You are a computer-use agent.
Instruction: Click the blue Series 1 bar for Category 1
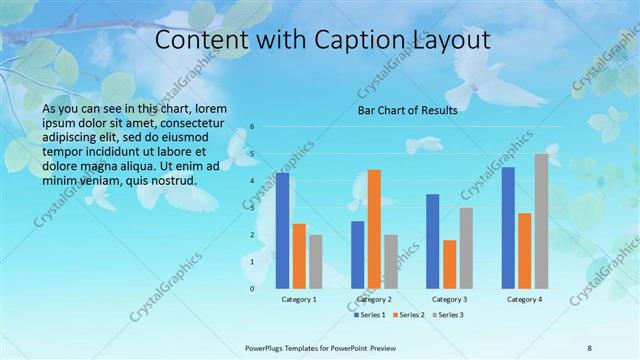click(283, 231)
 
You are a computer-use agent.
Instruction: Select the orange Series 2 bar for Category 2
click(374, 229)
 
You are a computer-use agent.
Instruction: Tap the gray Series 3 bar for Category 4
click(541, 221)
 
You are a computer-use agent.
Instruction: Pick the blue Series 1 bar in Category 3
click(433, 241)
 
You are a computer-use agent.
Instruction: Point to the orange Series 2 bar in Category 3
click(449, 264)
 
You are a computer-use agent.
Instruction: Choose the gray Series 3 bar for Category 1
click(315, 261)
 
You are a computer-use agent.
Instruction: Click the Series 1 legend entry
click(371, 315)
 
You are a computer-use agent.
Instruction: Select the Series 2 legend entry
click(409, 315)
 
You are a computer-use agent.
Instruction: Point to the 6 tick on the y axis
click(254, 127)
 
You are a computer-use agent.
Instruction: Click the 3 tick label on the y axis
click(254, 208)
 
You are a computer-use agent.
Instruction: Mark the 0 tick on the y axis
click(254, 289)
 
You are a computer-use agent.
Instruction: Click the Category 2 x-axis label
click(374, 299)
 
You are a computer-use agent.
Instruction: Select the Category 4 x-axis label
click(524, 299)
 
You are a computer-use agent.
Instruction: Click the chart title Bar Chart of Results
click(408, 110)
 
